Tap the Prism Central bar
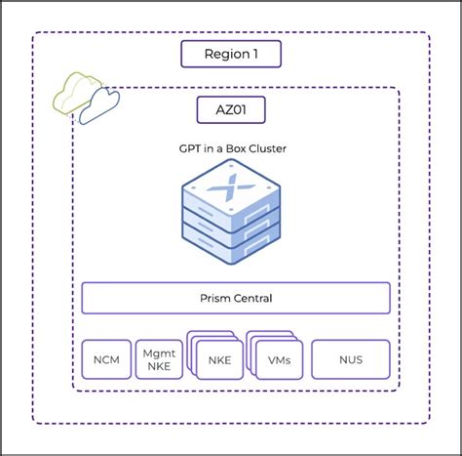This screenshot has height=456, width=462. [235, 298]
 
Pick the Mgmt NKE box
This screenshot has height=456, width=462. [158, 359]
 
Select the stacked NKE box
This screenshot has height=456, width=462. [218, 360]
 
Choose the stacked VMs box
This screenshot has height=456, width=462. [278, 360]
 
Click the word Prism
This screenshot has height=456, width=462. [214, 298]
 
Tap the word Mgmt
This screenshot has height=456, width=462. [158, 352]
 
